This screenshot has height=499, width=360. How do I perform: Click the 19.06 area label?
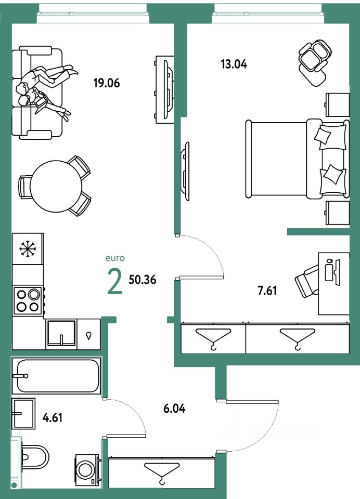coord(107,83)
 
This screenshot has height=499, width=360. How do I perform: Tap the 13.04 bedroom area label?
coord(233,64)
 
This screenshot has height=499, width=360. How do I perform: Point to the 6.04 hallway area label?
coord(174,409)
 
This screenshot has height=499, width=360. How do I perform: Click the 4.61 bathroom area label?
coord(52,417)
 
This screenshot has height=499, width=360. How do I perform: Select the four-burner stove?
coord(28,300)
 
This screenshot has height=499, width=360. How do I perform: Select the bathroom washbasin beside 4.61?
coord(23,414)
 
